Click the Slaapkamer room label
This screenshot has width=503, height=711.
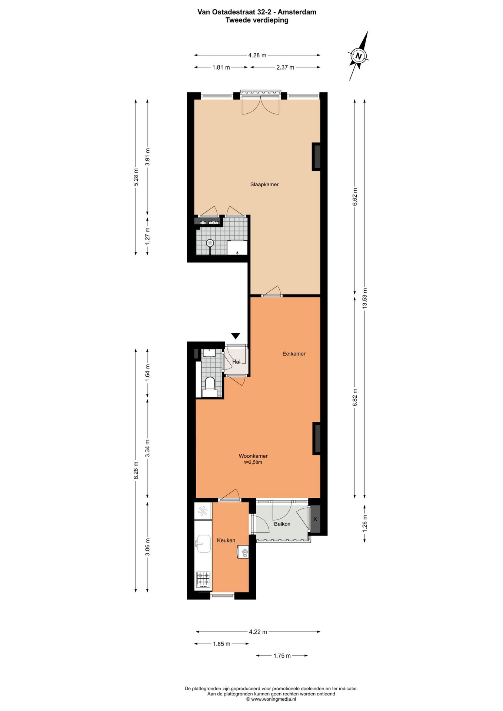pyautogui.click(x=264, y=184)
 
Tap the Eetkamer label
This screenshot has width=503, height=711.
pyautogui.click(x=294, y=354)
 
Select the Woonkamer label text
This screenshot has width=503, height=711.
pyautogui.click(x=253, y=456)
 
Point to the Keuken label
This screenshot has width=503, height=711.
pyautogui.click(x=226, y=540)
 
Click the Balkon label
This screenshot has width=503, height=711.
pyautogui.click(x=282, y=524)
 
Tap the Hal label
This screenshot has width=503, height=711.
pyautogui.click(x=236, y=361)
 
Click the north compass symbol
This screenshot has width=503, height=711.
pyautogui.click(x=358, y=56)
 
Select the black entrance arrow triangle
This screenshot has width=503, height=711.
pyautogui.click(x=236, y=336)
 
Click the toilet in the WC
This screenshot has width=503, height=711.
pyautogui.click(x=210, y=384)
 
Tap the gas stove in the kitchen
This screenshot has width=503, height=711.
pyautogui.click(x=203, y=580)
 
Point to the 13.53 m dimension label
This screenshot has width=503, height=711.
pyautogui.click(x=365, y=298)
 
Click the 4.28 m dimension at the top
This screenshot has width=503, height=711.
pyautogui.click(x=257, y=56)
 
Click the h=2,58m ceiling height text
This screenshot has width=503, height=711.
pyautogui.click(x=253, y=462)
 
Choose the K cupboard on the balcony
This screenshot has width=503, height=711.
pyautogui.click(x=315, y=519)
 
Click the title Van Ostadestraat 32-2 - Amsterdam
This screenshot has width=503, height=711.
pyautogui.click(x=257, y=12)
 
